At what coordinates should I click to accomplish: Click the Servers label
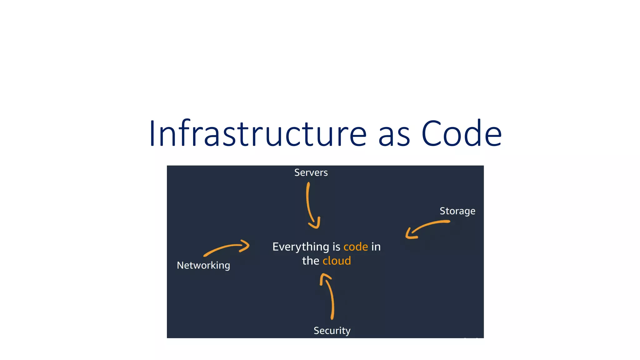[311, 172]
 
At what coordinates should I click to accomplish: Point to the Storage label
[457, 211]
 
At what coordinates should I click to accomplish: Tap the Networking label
[203, 265]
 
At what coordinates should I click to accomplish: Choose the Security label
[332, 331]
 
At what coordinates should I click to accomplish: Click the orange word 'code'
[356, 247]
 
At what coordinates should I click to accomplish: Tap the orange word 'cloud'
[337, 261]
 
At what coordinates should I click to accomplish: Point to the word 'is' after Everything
[336, 247]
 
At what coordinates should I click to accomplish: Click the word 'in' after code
[376, 247]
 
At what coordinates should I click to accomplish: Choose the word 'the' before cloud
[310, 261]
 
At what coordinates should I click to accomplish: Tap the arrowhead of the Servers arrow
[316, 224]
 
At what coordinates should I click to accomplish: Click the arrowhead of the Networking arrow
[245, 246]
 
